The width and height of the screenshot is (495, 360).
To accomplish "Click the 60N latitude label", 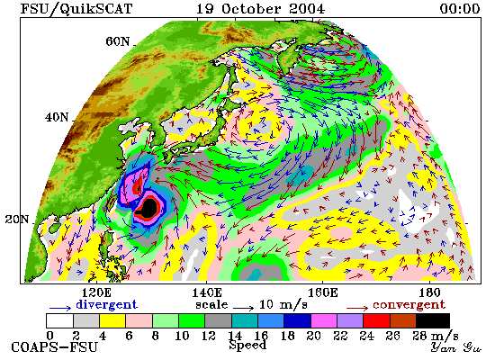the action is [x=118, y=41].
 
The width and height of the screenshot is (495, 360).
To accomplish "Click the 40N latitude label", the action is [x=57, y=118].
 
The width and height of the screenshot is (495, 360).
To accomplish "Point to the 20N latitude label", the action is [x=17, y=220].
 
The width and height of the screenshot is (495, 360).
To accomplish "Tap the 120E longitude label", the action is [x=96, y=292].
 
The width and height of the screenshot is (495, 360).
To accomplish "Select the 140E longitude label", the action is [x=207, y=292].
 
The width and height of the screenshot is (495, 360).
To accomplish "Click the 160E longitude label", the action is [x=322, y=292].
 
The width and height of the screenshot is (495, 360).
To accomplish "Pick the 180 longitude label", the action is [x=430, y=292].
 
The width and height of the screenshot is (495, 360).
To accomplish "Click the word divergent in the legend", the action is [x=107, y=304].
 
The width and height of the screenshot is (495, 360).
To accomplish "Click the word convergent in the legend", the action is [x=409, y=305].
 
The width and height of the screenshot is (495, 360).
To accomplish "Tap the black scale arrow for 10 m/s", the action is [x=244, y=308].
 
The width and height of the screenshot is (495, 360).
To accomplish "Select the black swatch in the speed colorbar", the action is [x=433, y=320].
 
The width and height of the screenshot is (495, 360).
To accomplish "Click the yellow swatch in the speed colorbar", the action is [x=112, y=320].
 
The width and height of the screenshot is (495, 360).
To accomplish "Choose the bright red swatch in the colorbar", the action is [x=376, y=320].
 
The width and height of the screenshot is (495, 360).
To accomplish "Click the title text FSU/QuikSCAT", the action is [x=76, y=9].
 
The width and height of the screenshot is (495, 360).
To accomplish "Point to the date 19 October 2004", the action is [x=260, y=9].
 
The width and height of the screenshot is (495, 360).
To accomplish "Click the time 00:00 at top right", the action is [x=460, y=9].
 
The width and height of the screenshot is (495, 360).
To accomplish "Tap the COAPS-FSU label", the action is [x=54, y=347].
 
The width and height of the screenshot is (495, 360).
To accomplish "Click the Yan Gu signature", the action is [x=456, y=347].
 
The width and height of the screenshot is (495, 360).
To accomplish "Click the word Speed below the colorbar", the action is [x=247, y=345].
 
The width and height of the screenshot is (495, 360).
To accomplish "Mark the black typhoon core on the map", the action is [x=149, y=208].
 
